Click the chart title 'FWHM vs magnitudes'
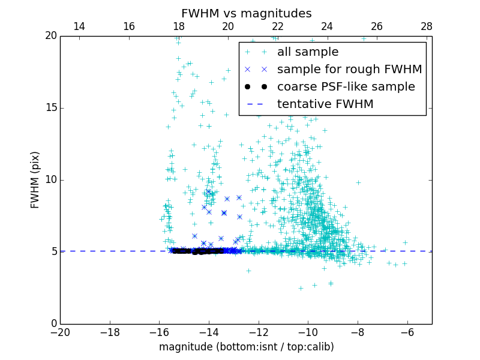point(246,13)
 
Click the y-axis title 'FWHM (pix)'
point(35,180)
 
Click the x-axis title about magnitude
point(246,347)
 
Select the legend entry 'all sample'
point(307,52)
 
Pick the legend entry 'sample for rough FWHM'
point(349,70)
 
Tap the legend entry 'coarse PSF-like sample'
point(346,87)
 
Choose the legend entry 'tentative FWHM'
point(325,104)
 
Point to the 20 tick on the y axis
point(50,36)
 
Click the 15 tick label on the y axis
point(50,108)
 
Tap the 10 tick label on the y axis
point(50,180)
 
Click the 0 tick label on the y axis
point(53,324)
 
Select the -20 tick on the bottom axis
point(60,332)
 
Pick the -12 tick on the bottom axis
point(259,332)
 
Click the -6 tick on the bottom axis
point(407,332)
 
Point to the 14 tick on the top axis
point(79,26)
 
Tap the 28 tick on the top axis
point(427,26)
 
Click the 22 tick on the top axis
point(278,26)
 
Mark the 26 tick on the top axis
point(377,26)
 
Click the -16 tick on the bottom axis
point(159,332)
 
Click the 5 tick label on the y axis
point(53,252)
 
